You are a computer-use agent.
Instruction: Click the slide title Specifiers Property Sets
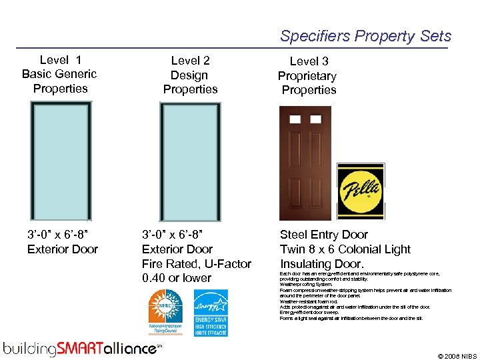point(365,36)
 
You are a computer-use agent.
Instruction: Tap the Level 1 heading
point(59,60)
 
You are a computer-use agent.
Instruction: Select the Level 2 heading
point(190,61)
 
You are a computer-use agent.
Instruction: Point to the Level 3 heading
point(309,62)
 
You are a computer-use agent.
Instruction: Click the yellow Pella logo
point(360,191)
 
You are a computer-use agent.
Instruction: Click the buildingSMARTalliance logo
point(81,348)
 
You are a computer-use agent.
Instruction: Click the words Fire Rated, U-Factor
point(196,264)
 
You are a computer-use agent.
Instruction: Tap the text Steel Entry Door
point(324,235)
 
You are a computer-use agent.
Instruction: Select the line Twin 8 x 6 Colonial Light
point(345,249)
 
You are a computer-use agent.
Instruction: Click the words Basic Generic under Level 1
point(59,74)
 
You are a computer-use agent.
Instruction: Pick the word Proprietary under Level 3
point(307,76)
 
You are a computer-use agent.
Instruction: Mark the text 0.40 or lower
point(177,278)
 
